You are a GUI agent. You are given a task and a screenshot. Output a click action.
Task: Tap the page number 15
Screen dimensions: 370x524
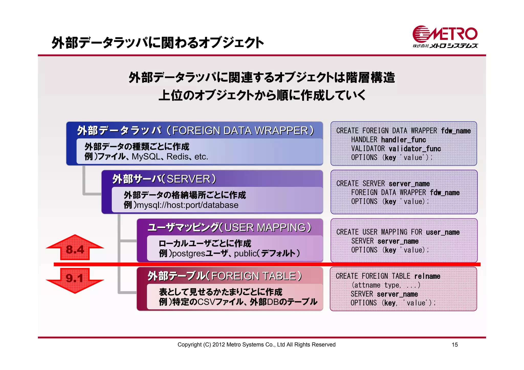pos(455,345)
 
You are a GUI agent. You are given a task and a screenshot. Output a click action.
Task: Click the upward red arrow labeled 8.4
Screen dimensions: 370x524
pos(75,248)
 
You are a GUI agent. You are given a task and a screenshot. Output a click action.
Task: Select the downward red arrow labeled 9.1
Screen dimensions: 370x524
pos(75,280)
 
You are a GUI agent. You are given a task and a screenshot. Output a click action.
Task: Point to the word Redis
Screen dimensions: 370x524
pos(178,156)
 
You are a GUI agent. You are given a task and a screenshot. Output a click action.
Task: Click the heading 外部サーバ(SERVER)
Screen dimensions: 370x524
pos(164,179)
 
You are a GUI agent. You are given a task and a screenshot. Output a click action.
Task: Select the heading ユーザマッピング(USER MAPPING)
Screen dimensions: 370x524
pos(230,227)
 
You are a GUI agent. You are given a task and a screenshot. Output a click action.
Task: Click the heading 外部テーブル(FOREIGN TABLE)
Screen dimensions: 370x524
pos(225,276)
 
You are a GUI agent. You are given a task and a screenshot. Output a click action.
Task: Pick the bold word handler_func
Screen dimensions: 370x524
pos(403,140)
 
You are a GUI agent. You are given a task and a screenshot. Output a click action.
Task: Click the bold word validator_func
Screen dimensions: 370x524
pos(415,149)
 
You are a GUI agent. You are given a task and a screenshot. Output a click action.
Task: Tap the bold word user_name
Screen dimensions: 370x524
pos(443,232)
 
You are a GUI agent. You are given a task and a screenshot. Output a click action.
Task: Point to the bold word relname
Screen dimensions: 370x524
pos(427,276)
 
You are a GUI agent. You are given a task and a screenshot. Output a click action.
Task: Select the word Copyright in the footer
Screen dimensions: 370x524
pos(189,345)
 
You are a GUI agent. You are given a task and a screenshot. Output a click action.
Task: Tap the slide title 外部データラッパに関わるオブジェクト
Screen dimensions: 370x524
pos(158,43)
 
